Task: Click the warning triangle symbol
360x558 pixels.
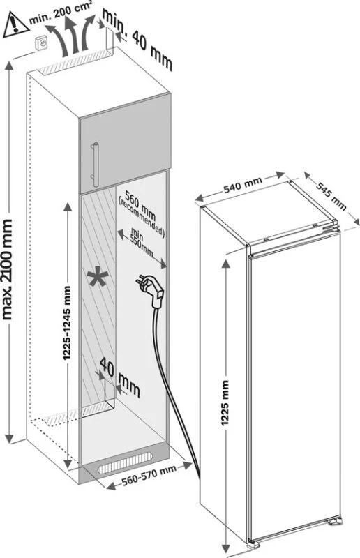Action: point(15,25)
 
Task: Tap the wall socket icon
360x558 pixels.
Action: point(41,44)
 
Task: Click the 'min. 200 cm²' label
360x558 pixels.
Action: point(61,13)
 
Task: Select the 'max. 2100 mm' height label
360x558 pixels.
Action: point(7,269)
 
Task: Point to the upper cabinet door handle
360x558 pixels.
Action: point(95,165)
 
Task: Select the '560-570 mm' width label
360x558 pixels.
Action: point(149,476)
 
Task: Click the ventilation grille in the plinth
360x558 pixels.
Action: point(125,462)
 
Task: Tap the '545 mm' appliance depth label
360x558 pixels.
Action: point(331,196)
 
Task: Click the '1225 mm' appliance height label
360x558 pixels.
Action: point(225,403)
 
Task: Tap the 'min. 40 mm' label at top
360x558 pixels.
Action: point(137,39)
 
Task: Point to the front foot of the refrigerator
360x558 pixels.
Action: point(254,544)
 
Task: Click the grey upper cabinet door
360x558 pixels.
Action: point(125,143)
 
